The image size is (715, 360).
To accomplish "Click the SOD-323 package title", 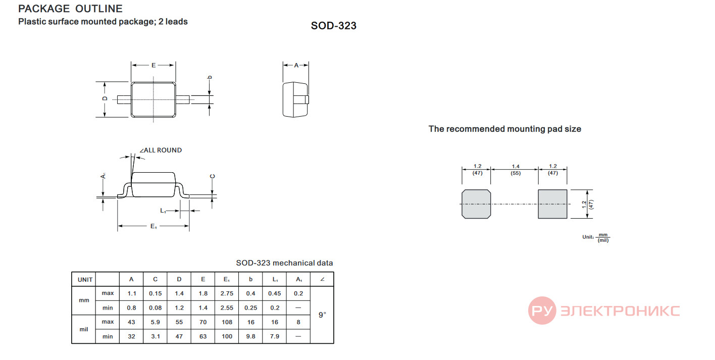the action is click(334, 26).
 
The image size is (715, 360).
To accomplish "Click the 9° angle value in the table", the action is click(322, 315).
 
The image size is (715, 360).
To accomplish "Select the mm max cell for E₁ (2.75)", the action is click(227, 293).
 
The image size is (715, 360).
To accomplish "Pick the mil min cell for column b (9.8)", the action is click(250, 336).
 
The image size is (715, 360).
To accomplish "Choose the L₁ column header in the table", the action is click(275, 279).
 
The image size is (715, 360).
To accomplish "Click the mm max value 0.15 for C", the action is click(155, 293).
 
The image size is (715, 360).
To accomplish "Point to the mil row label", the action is click(84, 329).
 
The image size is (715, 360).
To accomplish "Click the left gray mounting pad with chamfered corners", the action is click(476, 204).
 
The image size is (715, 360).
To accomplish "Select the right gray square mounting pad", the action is click(552, 204).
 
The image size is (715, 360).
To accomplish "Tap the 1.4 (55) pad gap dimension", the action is click(516, 170).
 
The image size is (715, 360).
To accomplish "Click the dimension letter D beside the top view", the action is click(105, 98).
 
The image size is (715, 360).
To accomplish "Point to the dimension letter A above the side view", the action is click(296, 65).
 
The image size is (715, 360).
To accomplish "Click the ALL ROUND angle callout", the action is click(161, 150).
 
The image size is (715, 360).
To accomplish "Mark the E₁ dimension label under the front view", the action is click(154, 226).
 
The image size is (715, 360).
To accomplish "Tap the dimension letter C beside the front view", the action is click(212, 177).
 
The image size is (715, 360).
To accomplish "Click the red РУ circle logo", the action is click(542, 311).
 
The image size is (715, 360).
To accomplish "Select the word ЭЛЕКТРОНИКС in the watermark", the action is click(620, 311).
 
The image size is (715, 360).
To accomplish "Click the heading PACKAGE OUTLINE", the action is click(70, 9).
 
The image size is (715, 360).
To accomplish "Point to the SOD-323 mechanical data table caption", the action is click(284, 263).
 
